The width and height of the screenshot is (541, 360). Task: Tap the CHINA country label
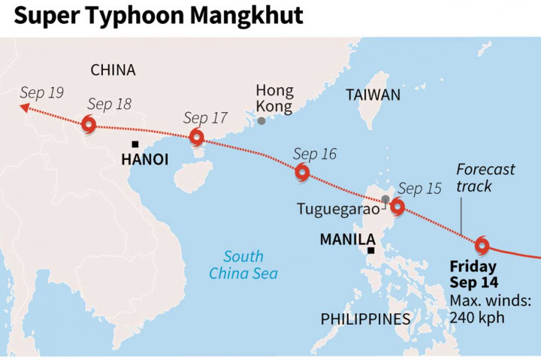113,70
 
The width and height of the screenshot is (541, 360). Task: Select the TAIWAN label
373,95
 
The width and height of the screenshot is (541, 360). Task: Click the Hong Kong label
274,98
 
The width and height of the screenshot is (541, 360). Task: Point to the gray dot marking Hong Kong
261,120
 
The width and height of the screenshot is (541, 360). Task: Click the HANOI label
145,159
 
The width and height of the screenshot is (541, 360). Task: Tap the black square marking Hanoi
134,144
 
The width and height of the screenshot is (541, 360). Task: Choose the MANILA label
347,240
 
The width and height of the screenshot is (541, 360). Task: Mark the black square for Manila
370,250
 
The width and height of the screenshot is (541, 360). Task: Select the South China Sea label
243,264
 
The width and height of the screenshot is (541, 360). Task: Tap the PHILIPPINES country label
366,319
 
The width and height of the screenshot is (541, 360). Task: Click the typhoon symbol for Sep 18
89,126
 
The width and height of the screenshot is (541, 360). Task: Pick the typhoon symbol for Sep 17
197,137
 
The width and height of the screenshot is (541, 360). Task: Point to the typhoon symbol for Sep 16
302,172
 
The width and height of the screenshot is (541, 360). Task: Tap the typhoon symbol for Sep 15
397,207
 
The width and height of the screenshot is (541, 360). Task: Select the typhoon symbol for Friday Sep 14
482,244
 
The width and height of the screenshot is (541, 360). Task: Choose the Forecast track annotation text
485,177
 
